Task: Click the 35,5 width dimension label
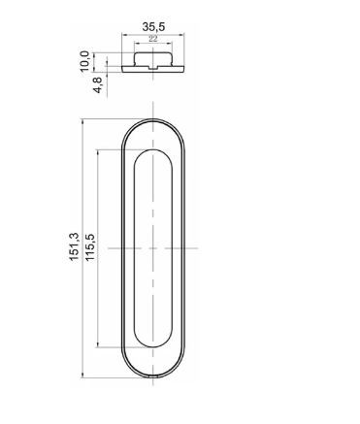pyautogui.click(x=153, y=26)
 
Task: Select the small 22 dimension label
pyautogui.click(x=153, y=39)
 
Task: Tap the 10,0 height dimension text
pyautogui.click(x=84, y=61)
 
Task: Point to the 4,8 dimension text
pyautogui.click(x=99, y=84)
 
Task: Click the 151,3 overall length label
pyautogui.click(x=74, y=246)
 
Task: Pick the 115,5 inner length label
pyautogui.click(x=90, y=247)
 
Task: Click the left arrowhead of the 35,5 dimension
pyautogui.click(x=123, y=34)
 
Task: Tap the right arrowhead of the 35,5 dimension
pyautogui.click(x=181, y=34)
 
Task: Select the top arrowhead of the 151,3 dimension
pyautogui.click(x=82, y=121)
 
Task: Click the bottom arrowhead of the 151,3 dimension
pyautogui.click(x=82, y=375)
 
